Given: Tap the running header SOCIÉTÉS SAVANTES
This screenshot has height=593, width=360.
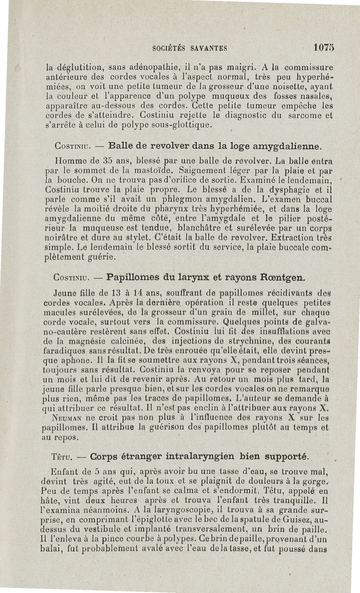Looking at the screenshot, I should [x=189, y=47].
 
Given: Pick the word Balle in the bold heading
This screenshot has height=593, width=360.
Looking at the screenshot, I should [x=122, y=146].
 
